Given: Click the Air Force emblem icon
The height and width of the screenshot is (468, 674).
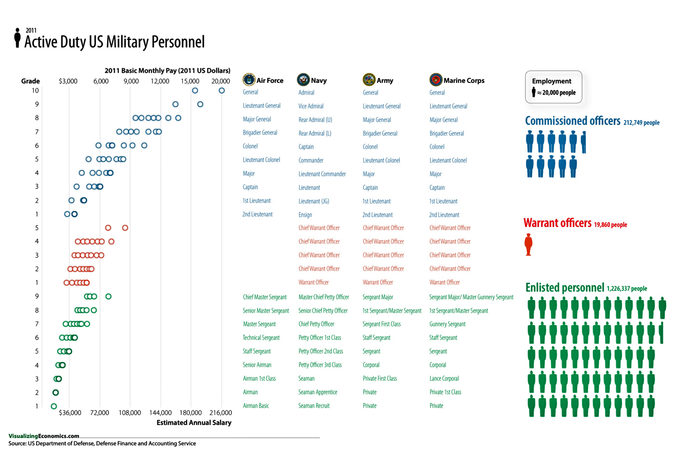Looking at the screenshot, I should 249,80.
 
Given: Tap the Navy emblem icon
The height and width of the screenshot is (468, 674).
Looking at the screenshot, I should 303,80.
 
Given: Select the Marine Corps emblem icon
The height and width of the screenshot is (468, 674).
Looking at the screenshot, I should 436,80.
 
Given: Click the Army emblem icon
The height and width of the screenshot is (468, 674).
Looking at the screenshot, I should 369,80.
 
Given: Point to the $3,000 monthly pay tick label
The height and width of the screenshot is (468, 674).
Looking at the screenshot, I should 68,81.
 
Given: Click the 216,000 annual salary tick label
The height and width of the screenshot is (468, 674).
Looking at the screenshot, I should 221,413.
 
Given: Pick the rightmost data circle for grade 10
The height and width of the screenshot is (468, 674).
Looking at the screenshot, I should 222,91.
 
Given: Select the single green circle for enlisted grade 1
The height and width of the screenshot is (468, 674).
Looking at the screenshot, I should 54,406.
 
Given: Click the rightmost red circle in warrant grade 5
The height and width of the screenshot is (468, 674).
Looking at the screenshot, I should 125,227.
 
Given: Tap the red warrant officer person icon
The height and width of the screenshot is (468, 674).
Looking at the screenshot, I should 528,244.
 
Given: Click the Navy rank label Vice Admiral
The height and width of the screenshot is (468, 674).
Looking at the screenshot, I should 311,106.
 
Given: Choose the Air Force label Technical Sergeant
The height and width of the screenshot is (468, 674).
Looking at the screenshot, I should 261,338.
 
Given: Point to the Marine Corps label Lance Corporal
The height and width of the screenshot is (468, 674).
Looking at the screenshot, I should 444,379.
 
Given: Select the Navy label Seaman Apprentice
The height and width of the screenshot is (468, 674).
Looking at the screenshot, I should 318,392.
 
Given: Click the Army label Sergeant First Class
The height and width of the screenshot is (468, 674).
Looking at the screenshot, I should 381,324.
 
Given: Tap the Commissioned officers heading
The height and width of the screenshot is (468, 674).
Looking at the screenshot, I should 572,121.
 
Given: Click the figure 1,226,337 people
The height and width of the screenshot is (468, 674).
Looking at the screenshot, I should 626,289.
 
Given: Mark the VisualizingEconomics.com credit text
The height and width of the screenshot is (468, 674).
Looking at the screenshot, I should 44,436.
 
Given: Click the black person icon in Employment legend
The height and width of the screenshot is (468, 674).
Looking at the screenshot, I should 534,93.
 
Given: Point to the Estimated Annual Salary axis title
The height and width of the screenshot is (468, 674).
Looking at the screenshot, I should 194,423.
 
